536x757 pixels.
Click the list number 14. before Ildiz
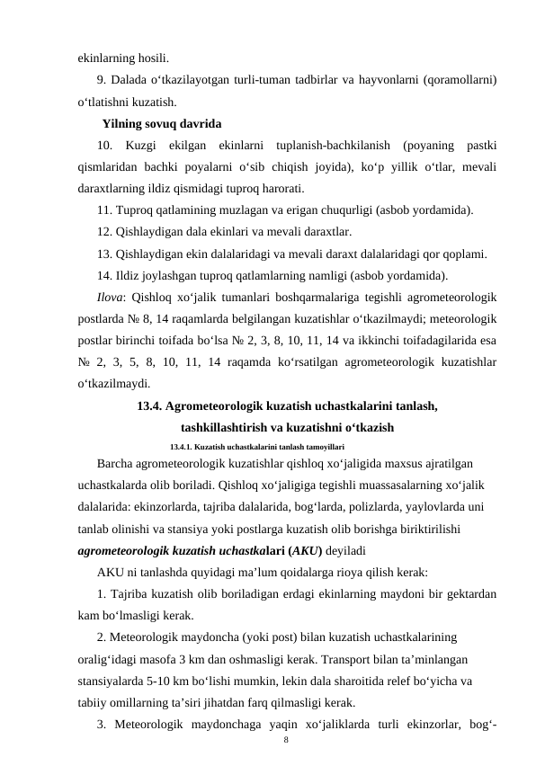[x=106, y=275]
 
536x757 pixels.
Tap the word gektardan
[x=470, y=594]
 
